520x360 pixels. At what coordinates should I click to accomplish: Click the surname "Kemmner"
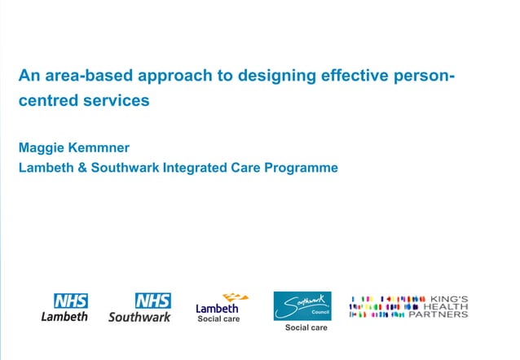click(101, 148)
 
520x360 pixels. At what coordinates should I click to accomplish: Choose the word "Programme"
click(300, 168)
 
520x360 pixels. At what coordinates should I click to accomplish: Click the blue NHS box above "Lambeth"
click(71, 301)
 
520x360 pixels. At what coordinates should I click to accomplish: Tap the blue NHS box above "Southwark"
click(152, 301)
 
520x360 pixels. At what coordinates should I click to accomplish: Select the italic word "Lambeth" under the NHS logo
click(64, 316)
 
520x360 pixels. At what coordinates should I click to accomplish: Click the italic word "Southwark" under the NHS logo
click(139, 316)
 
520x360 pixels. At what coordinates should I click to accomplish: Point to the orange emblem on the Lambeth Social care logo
click(235, 298)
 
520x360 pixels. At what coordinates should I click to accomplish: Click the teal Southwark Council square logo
click(302, 305)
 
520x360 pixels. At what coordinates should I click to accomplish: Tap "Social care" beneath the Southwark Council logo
click(306, 327)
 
